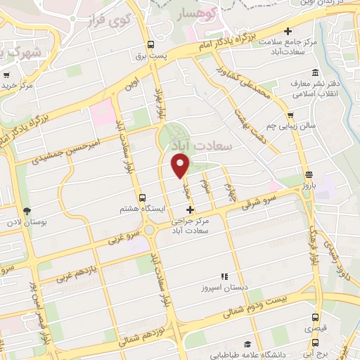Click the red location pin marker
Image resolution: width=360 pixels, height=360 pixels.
181,166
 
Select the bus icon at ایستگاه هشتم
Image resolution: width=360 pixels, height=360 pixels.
143,198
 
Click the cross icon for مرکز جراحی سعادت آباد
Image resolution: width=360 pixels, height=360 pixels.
189,210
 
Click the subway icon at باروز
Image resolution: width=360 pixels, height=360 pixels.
309,175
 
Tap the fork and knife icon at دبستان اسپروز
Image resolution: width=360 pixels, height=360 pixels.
224,276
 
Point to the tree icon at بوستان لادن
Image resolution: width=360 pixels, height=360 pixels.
27,210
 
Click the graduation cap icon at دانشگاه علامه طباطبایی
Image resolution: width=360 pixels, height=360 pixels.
247,344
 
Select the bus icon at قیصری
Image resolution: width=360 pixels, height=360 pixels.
315,317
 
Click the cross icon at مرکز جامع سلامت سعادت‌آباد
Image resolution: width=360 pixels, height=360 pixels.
288,31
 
